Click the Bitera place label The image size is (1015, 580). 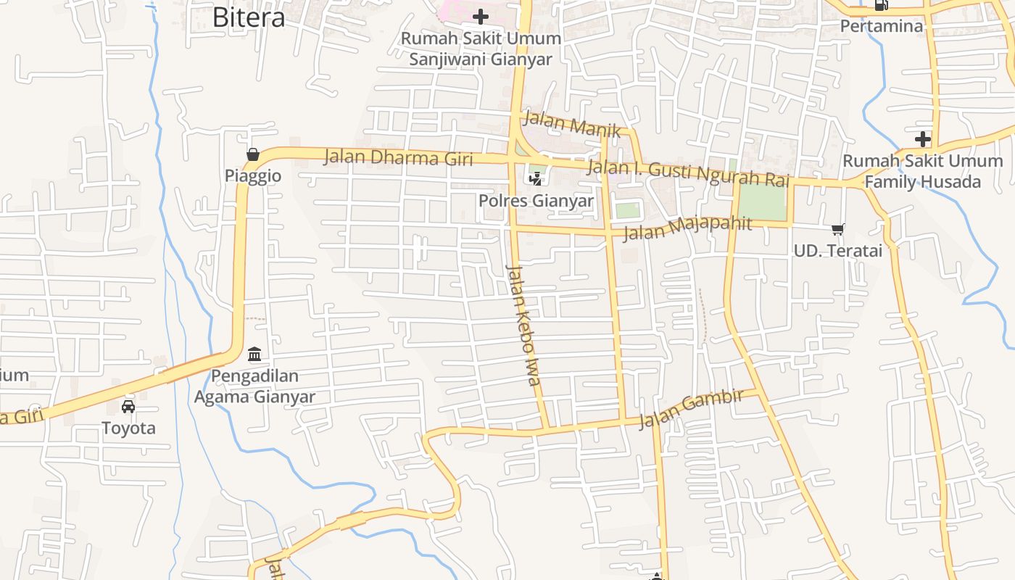[x=249, y=17]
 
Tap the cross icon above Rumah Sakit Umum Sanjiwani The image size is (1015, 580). [x=480, y=16]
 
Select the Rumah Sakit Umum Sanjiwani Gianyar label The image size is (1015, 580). [x=481, y=49]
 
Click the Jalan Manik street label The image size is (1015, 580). [x=572, y=124]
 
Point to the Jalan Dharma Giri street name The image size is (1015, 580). [x=398, y=157]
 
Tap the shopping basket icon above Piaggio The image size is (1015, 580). [x=253, y=154]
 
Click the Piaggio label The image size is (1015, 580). [x=253, y=176]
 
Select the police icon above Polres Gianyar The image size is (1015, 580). [x=536, y=178]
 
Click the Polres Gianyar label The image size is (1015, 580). [x=536, y=201]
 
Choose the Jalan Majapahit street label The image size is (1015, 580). [x=687, y=228]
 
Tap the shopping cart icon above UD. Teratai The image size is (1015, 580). [x=837, y=230]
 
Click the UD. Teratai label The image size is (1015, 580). [x=838, y=251]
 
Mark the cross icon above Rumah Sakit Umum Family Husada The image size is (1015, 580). [x=922, y=138]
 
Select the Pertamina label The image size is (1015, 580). [x=882, y=26]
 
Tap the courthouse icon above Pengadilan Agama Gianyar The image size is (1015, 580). [x=254, y=355]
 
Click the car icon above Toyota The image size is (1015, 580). [x=128, y=406]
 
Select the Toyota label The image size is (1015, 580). [x=128, y=428]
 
